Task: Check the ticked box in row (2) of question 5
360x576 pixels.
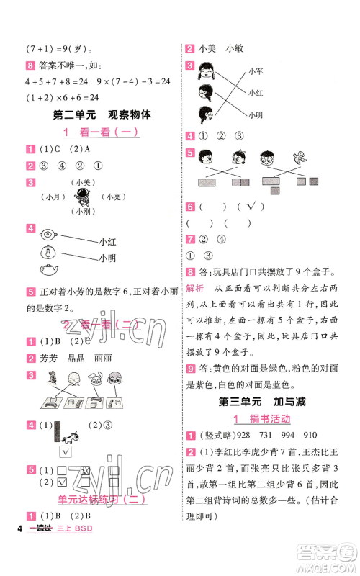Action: pyautogui.click(x=61, y=482)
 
